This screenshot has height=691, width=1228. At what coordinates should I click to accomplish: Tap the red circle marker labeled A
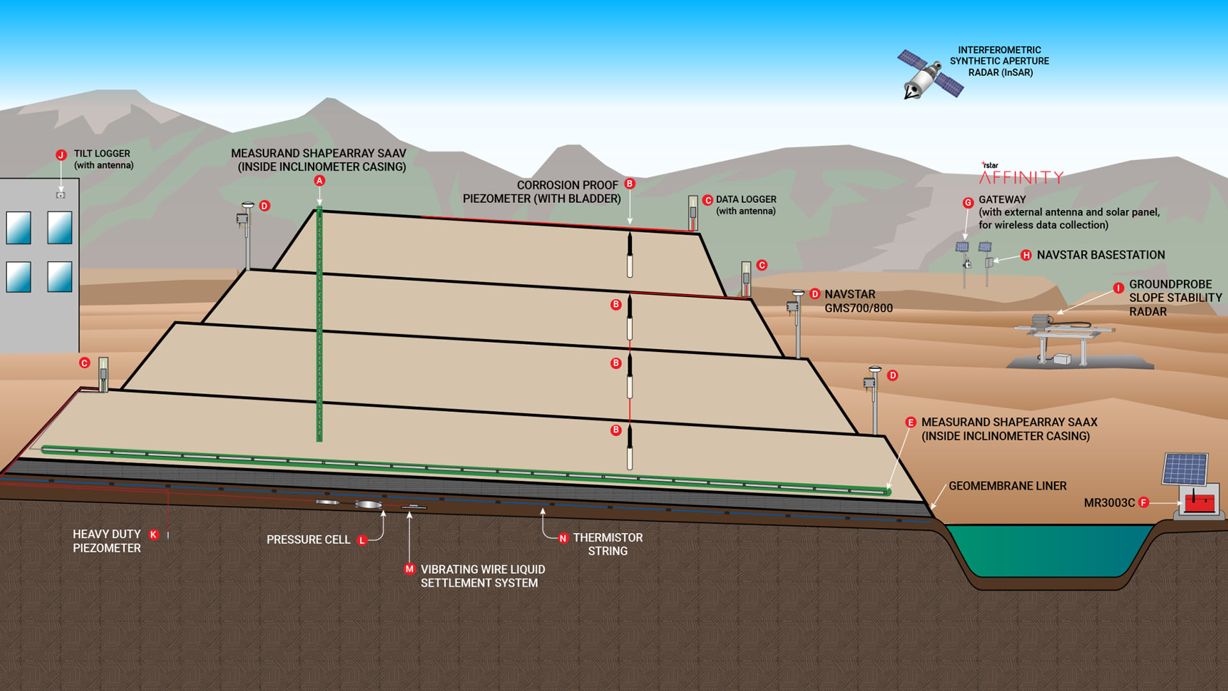tap(319, 181)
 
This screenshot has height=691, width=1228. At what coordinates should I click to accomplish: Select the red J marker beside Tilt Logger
tap(61, 155)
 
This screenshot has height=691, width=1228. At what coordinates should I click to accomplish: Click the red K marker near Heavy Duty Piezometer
tap(153, 535)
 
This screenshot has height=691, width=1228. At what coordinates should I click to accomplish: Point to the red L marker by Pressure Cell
tap(362, 541)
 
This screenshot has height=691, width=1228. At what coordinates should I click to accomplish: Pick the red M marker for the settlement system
tap(409, 569)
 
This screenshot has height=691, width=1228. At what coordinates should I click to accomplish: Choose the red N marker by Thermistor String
tap(563, 539)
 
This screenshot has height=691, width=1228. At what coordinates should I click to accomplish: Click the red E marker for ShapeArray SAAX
tap(911, 423)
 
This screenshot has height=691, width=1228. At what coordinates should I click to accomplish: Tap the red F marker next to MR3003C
tap(1144, 503)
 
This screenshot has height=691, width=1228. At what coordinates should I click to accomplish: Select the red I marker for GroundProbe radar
tap(1119, 289)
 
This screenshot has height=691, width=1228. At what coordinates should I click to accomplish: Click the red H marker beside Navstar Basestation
tap(1026, 255)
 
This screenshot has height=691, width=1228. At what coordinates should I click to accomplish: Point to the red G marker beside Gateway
tap(968, 203)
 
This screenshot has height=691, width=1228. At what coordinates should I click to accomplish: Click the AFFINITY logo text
tap(1021, 177)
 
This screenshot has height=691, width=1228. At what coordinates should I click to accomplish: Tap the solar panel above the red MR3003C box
tap(1185, 469)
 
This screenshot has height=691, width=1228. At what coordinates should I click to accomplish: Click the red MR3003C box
tap(1199, 503)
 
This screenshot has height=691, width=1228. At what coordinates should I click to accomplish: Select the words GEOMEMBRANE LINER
tap(1007, 486)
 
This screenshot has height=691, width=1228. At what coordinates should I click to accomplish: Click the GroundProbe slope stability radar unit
tap(1062, 333)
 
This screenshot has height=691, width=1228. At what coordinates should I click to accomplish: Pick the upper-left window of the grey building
tap(19, 228)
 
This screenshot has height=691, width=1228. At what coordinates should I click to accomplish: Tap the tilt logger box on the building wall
tap(61, 195)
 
